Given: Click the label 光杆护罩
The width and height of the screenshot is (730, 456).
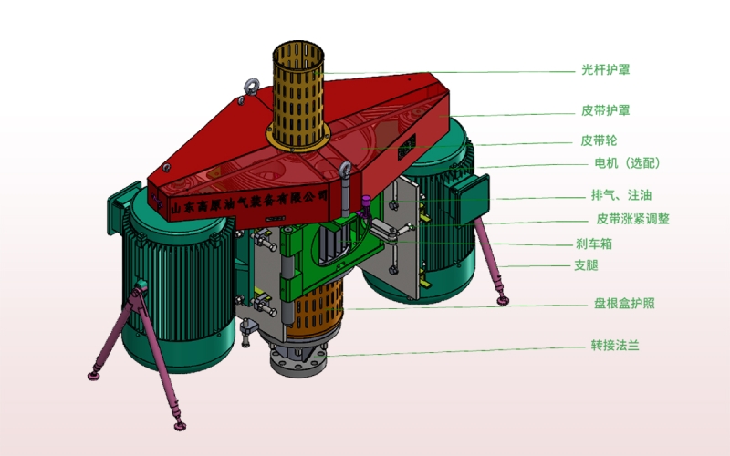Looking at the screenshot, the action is click(x=605, y=70).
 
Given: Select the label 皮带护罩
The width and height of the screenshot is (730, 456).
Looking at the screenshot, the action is click(x=605, y=110).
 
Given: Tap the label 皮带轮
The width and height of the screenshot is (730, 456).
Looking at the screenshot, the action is click(x=599, y=140).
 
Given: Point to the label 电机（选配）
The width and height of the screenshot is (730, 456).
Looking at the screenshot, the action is click(x=627, y=163).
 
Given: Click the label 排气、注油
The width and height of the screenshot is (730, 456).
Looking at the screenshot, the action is click(x=621, y=195).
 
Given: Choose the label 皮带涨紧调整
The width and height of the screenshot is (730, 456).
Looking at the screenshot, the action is click(x=632, y=219).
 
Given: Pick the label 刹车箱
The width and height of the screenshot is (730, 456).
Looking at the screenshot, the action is click(x=594, y=244).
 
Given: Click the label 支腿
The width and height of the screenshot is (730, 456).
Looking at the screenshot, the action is click(x=586, y=265).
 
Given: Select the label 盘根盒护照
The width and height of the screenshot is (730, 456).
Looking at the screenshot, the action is click(x=624, y=304).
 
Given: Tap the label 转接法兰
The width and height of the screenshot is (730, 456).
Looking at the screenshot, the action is click(x=615, y=346).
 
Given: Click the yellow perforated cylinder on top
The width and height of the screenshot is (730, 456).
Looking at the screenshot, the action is click(x=298, y=96).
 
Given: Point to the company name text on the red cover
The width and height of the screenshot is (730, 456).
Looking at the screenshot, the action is click(x=249, y=202).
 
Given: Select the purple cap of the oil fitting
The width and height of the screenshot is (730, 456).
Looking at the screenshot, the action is click(x=367, y=201).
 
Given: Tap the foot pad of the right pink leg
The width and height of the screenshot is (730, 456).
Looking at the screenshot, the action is click(x=503, y=301).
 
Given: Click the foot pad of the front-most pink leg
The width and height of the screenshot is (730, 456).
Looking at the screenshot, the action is click(x=180, y=425).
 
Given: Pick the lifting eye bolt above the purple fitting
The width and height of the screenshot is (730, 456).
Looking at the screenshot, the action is click(x=345, y=170).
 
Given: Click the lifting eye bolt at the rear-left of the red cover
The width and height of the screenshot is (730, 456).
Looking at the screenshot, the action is click(x=252, y=87).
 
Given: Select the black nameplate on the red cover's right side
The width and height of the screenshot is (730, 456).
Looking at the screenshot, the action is click(x=406, y=147).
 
